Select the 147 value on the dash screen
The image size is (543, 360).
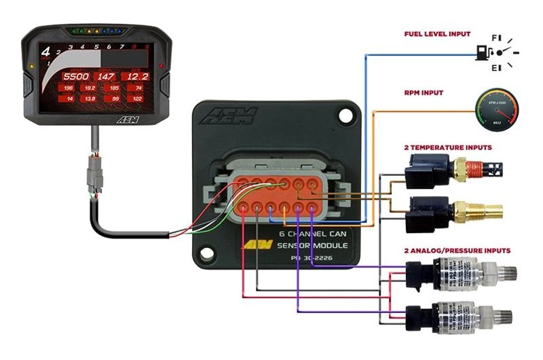pyautogui.click(x=105, y=76)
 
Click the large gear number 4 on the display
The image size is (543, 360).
pyautogui.click(x=46, y=51)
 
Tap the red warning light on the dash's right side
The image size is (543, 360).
pyautogui.click(x=161, y=67)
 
